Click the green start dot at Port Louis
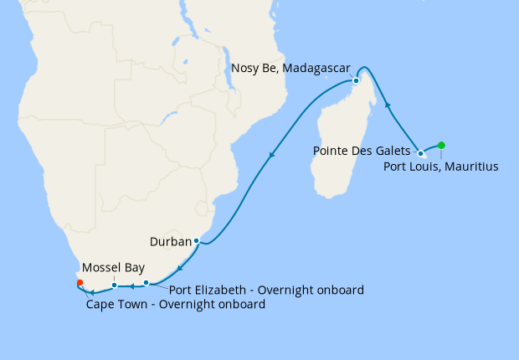tap(441, 145)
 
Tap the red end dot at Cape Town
tap(80, 282)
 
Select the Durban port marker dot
tap(196, 241)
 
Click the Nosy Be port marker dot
tap(356, 81)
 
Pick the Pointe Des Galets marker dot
tap(420, 153)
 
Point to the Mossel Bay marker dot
tap(114, 285)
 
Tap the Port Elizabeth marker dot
tap(146, 282)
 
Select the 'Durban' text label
tap(170, 242)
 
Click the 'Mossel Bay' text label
tap(111, 269)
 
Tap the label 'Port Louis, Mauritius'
tap(440, 167)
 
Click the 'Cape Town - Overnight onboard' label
tap(176, 305)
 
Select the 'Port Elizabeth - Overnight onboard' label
tap(266, 291)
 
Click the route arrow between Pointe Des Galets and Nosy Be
tap(388, 105)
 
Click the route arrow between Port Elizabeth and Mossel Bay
tap(131, 285)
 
